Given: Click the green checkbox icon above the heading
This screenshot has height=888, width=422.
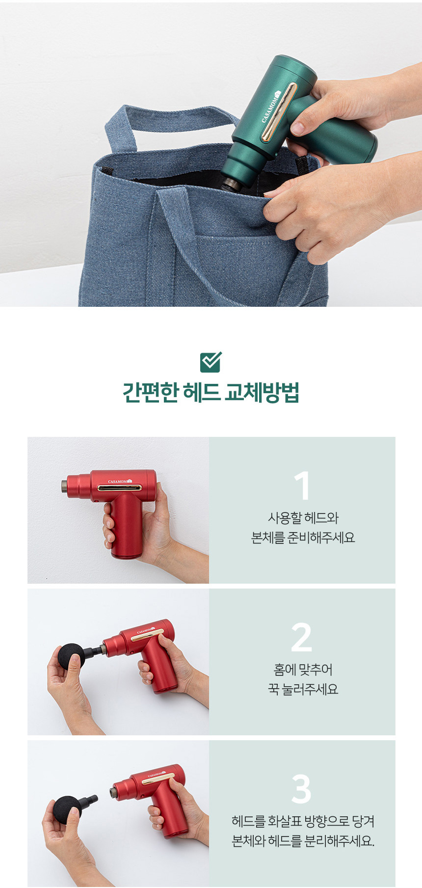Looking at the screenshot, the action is (211, 362).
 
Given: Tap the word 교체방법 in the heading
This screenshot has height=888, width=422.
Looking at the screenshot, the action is (261, 393).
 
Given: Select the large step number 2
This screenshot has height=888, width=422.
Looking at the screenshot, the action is (302, 637).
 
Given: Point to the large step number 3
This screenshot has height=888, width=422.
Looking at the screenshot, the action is (301, 789).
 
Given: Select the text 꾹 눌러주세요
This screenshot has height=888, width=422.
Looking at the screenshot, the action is (303, 690).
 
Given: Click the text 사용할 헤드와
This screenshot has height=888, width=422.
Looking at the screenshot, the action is (303, 518).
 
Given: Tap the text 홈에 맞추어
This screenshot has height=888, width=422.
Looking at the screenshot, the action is (303, 670).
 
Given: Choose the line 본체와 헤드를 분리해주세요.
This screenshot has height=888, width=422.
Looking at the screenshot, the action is (303, 841).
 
